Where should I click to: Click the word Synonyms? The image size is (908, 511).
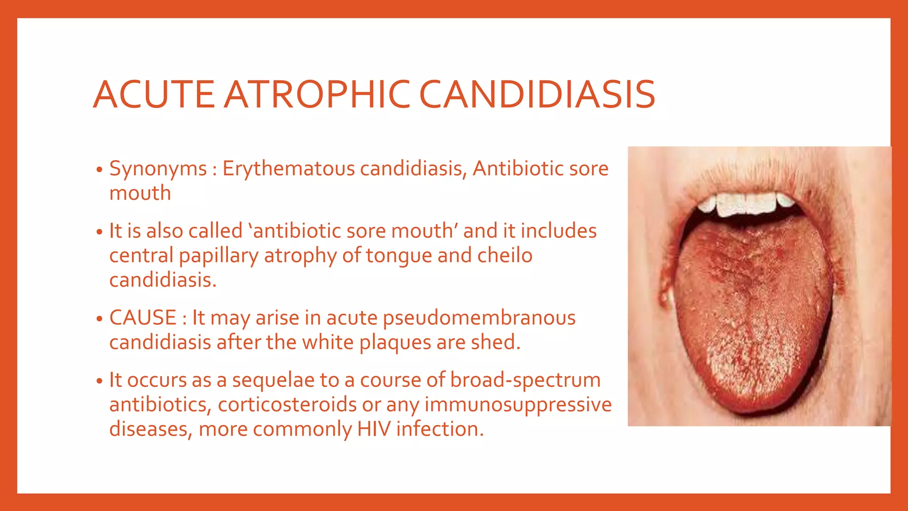pos(158,169)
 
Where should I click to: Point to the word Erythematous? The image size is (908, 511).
pos(289,169)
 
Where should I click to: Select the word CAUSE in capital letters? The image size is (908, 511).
pos(143,318)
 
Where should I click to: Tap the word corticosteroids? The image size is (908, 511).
pos(287,405)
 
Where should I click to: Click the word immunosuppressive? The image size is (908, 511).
pos(518,405)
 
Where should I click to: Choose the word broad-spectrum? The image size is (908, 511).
pos(525,380)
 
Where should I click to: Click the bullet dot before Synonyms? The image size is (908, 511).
pos(100,170)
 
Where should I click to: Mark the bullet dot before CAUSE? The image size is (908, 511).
pos(100,319)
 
